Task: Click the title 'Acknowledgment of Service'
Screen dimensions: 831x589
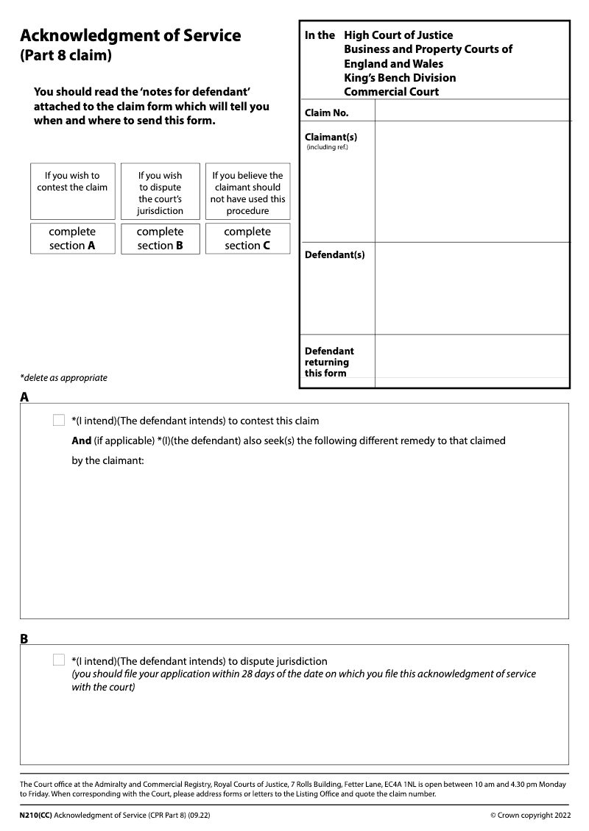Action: (x=130, y=35)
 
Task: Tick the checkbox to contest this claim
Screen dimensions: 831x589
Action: (x=59, y=421)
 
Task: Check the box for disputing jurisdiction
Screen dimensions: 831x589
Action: (x=59, y=660)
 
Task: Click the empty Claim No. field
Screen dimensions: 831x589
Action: (x=472, y=110)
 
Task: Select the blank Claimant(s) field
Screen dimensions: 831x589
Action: (x=472, y=182)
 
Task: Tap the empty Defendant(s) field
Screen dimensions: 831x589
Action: (x=472, y=288)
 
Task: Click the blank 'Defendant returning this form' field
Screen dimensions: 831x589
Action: (x=472, y=361)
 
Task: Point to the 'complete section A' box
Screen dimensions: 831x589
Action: (x=72, y=238)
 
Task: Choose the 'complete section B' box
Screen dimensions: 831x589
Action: (x=160, y=238)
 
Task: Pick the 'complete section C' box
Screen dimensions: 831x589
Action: (x=247, y=238)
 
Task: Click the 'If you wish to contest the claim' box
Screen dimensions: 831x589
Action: (x=72, y=190)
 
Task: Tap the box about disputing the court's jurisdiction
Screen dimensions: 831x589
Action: (x=160, y=191)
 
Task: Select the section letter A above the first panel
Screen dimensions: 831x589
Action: (x=24, y=397)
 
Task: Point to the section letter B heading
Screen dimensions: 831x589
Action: (x=24, y=639)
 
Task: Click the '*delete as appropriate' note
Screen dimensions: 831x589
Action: (x=63, y=378)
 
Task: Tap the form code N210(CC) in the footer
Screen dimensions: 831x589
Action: (x=36, y=816)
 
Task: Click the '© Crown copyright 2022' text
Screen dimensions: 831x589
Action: (x=529, y=816)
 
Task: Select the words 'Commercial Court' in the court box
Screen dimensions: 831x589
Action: (x=391, y=92)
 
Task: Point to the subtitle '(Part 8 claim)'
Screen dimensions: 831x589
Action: (x=66, y=56)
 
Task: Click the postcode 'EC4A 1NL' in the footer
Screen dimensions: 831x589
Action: (x=402, y=785)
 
